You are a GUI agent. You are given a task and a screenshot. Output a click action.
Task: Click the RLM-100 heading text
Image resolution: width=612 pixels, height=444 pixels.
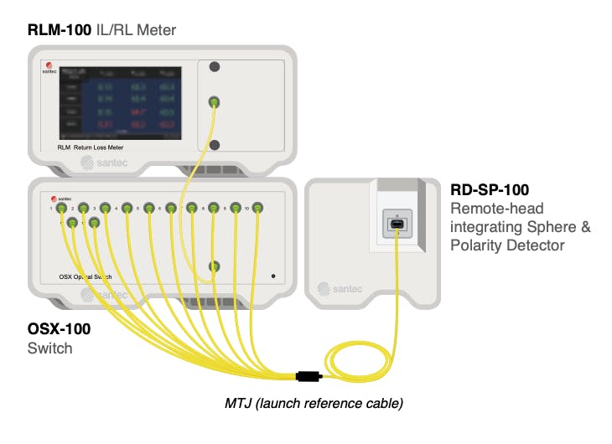57,31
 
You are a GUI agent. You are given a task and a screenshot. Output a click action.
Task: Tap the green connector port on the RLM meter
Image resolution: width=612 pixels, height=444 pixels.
214,102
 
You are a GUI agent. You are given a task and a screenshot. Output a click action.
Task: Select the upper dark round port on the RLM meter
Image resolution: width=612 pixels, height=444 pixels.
215,66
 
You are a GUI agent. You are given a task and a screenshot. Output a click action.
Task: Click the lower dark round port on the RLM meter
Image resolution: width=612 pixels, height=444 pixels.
215,144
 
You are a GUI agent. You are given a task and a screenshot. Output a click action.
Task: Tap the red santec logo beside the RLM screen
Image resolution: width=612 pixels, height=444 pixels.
49,67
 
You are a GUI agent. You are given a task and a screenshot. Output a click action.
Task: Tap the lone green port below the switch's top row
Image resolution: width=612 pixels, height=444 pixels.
214,266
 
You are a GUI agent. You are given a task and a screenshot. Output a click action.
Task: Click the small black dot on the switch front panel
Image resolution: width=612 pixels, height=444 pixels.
273,275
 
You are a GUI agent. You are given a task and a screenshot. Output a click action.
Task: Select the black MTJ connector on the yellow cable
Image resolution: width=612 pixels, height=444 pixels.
309,376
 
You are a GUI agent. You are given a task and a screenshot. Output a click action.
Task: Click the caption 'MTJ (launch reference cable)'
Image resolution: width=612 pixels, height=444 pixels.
314,403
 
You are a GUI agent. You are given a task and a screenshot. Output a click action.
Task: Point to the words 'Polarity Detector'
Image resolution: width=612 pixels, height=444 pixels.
507,245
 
